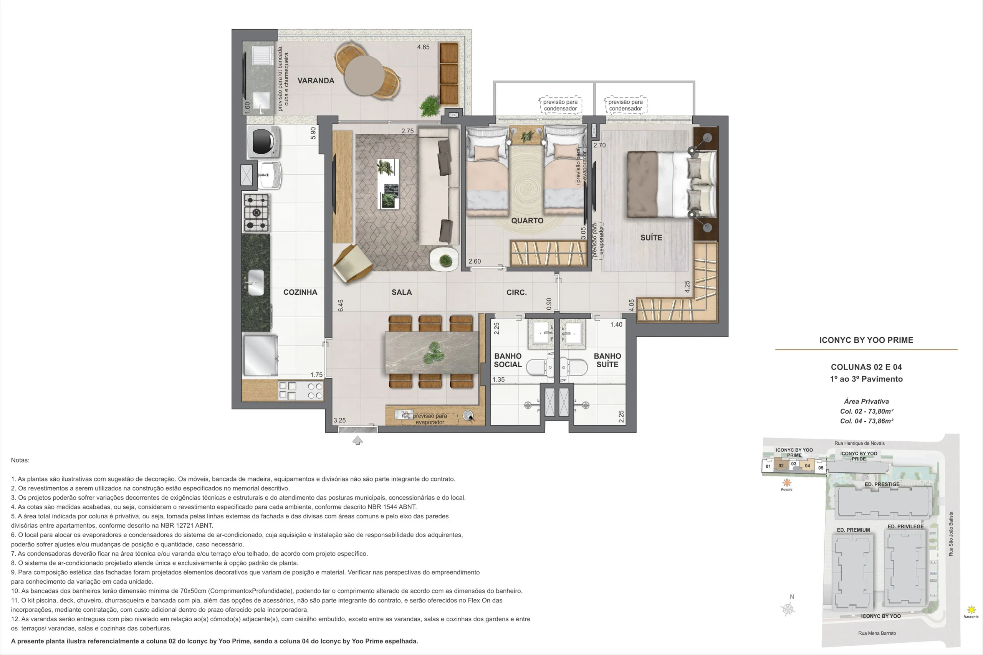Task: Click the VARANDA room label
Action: click(316, 81)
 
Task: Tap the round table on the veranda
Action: click(364, 75)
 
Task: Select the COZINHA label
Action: click(300, 292)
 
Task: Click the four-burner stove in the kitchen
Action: click(256, 213)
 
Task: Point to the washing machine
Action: click(264, 142)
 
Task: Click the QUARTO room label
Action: click(527, 221)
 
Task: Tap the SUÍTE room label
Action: click(651, 238)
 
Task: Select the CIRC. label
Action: click(516, 292)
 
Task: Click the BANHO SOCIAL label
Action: click(508, 360)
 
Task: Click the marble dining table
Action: click(432, 353)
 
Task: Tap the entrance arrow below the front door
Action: click(358, 440)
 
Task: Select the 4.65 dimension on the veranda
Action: click(424, 47)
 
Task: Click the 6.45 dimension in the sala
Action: click(341, 305)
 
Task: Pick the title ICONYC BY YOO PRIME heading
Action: click(866, 340)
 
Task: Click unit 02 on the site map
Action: click(781, 465)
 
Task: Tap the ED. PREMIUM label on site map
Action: click(853, 530)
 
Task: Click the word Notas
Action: click(20, 460)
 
